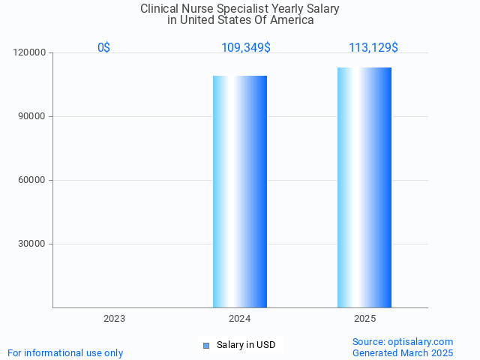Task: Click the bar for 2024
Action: [240, 191]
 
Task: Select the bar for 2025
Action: [364, 187]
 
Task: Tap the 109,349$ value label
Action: [246, 48]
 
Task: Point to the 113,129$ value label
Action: [373, 48]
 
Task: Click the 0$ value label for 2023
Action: [103, 48]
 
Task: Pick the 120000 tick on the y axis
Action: [30, 52]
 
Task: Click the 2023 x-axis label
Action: [115, 319]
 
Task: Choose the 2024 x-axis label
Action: [240, 319]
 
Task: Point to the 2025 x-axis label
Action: [365, 319]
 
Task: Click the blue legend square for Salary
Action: [206, 345]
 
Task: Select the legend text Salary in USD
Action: [246, 345]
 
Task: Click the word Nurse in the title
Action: [203, 9]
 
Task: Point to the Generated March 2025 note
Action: [403, 352]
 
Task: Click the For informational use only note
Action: [65, 352]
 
